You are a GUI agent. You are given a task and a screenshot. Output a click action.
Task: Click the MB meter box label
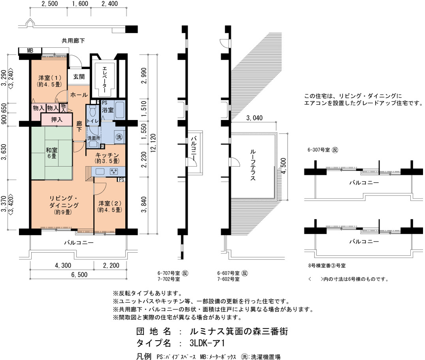tap(30, 50)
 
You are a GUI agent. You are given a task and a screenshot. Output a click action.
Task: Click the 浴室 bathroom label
tap(108, 110)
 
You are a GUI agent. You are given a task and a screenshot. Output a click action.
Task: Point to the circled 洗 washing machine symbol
tap(118, 137)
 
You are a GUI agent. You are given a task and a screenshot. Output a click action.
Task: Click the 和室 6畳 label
tap(51, 153)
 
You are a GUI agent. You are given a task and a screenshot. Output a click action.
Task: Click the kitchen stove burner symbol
tap(114, 171)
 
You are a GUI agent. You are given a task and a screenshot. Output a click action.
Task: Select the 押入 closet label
tap(56, 119)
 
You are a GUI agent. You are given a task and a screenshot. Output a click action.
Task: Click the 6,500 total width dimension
tap(77, 275)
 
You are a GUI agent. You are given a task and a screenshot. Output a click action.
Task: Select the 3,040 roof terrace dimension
tap(255, 118)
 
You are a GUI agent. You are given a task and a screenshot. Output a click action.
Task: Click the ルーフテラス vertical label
tap(252, 165)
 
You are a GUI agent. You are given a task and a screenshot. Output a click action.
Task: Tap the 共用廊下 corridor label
tap(73, 40)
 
